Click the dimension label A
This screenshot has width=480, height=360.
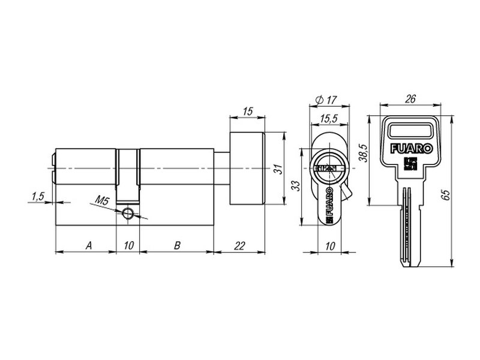(89, 245)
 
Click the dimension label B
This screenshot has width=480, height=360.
(177, 245)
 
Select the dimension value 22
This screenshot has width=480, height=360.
(239, 245)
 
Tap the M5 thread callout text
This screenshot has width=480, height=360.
(102, 201)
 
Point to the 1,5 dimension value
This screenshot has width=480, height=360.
(38, 196)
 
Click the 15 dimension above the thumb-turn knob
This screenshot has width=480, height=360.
(248, 111)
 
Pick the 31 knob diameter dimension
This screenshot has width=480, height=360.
(278, 169)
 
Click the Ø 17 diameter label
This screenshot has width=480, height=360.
(326, 100)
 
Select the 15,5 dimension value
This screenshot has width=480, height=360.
(329, 118)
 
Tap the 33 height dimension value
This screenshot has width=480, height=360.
(296, 186)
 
